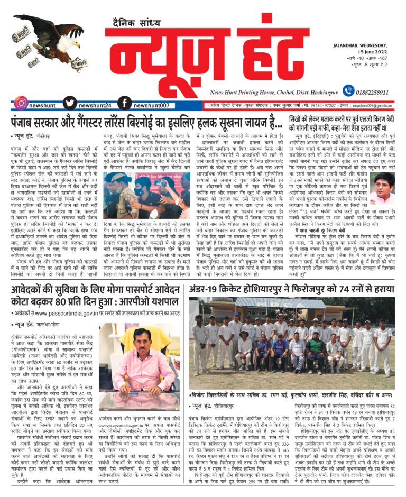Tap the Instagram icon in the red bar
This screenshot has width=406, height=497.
coord(21,103)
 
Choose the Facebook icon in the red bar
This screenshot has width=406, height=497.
coord(124,103)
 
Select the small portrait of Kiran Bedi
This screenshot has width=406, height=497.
coord(382,188)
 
